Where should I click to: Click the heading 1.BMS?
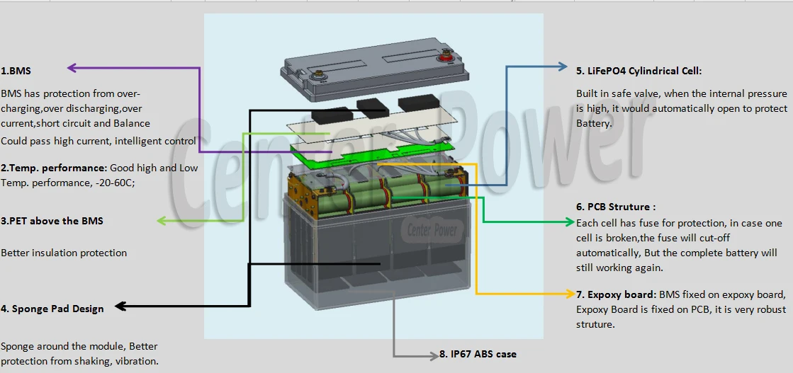[16, 71]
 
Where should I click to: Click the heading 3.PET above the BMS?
[52, 221]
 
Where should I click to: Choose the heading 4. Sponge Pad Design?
[52, 309]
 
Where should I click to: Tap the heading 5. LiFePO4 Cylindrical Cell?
[639, 71]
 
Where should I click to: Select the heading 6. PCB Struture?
[616, 207]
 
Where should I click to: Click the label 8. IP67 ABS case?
[478, 354]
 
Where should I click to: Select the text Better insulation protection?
[64, 253]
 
